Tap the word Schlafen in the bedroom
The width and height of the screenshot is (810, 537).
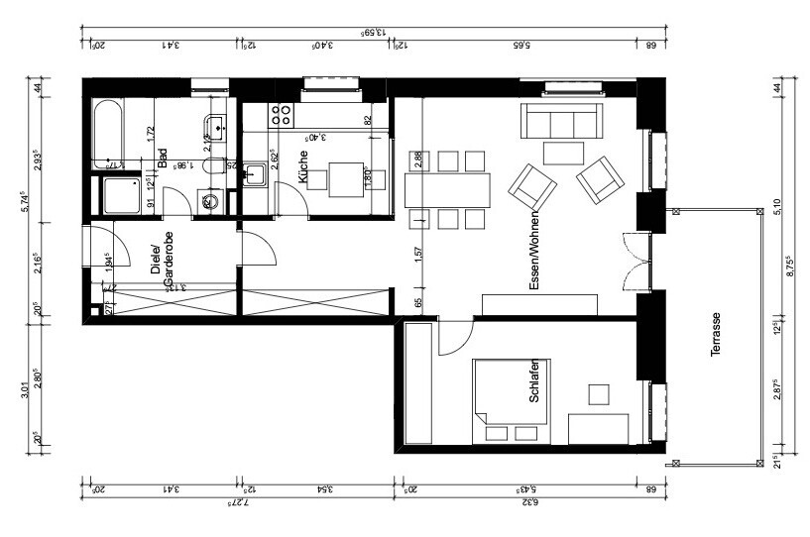pyautogui.click(x=534, y=380)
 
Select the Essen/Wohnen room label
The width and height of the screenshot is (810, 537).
pyautogui.click(x=534, y=251)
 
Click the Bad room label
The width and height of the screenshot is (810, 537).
pyautogui.click(x=162, y=160)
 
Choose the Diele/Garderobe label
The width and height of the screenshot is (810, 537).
pyautogui.click(x=162, y=266)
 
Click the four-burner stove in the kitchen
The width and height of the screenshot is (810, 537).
pyautogui.click(x=281, y=114)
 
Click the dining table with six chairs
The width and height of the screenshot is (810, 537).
pyautogui.click(x=447, y=189)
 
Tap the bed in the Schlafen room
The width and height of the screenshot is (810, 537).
pyautogui.click(x=509, y=398)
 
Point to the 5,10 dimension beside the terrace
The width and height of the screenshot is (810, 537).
pyautogui.click(x=778, y=207)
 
